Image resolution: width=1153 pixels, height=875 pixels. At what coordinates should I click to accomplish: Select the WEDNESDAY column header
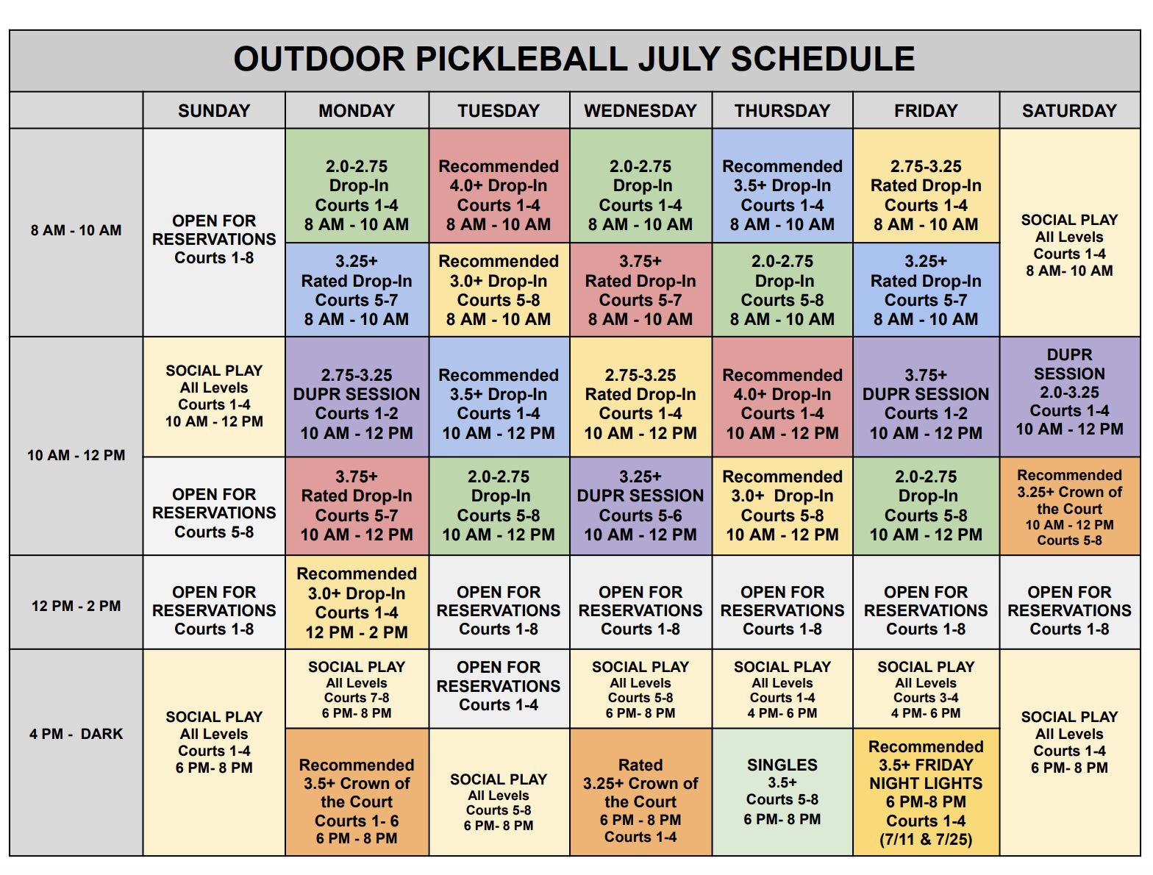(640, 110)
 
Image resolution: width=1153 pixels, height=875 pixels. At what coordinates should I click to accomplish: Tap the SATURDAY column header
(1069, 110)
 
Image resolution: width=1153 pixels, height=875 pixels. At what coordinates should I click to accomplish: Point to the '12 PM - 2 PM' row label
(76, 606)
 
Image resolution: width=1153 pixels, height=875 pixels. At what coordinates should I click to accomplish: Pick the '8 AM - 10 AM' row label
(76, 230)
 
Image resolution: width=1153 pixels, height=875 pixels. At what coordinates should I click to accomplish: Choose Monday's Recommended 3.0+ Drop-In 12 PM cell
(357, 602)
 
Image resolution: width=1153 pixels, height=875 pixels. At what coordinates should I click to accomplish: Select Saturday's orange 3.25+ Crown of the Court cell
(1069, 506)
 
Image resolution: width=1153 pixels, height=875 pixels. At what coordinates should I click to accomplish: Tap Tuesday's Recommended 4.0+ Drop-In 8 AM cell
(499, 185)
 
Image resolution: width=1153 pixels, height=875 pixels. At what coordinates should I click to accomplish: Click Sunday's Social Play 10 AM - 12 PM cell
(214, 396)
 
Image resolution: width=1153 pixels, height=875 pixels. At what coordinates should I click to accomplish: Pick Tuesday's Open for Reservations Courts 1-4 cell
(499, 688)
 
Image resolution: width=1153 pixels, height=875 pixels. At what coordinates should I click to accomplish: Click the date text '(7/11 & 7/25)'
(926, 839)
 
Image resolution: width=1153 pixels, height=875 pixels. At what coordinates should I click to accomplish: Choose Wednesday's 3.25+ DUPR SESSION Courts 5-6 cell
(640, 506)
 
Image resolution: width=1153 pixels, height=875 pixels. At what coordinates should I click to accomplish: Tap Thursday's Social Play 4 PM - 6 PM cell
(782, 688)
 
